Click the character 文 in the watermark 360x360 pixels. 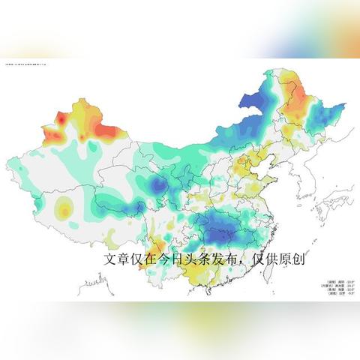pos(110,259)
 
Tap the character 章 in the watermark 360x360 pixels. pos(126,259)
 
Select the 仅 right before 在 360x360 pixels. pos(142,259)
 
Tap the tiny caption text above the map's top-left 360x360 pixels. pos(26,65)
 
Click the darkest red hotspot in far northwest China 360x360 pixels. pos(61,118)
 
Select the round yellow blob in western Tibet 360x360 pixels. pos(65,211)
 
